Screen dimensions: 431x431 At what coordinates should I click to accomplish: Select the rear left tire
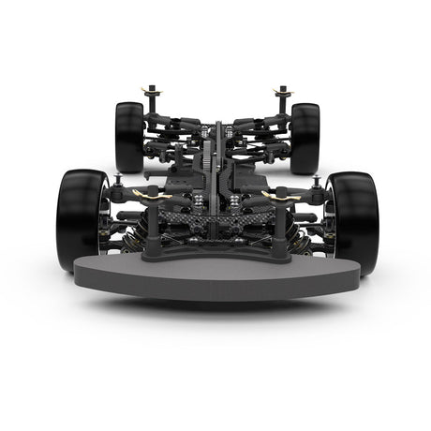129,137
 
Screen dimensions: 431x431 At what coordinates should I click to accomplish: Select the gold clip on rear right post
282,92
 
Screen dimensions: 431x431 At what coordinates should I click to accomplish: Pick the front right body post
278,225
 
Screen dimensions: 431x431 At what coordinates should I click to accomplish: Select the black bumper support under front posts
215,250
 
